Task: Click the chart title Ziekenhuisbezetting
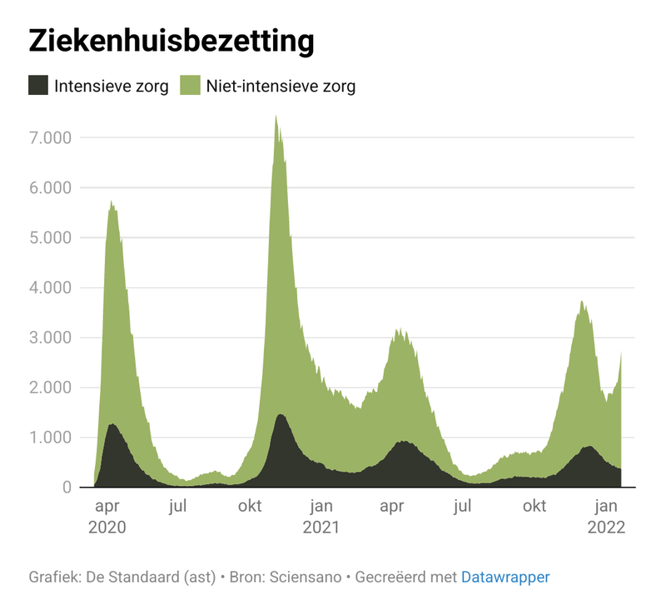(x=171, y=41)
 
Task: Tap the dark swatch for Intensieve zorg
(x=38, y=86)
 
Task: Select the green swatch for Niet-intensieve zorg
(x=191, y=86)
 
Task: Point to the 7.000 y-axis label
(x=52, y=137)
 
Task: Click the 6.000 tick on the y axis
(x=52, y=187)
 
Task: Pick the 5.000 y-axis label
(x=52, y=237)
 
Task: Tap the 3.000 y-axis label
(x=52, y=337)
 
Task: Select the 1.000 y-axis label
(x=52, y=437)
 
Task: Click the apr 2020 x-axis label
(x=107, y=516)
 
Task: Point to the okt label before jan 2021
(x=251, y=505)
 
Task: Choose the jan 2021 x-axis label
(x=321, y=516)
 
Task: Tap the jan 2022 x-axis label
(x=607, y=516)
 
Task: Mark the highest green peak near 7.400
(x=276, y=117)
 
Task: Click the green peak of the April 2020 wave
(x=111, y=202)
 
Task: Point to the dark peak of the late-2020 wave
(x=281, y=416)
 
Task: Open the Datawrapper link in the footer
(x=505, y=577)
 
